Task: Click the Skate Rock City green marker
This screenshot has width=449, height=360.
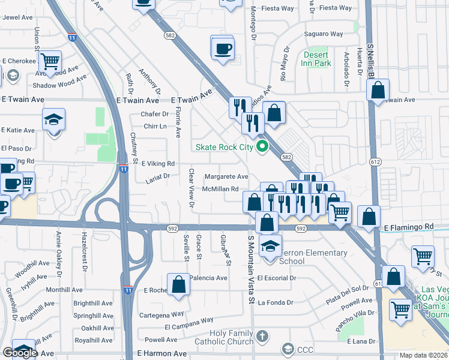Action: coord(262,146)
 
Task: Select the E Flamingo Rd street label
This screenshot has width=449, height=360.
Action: coord(408,227)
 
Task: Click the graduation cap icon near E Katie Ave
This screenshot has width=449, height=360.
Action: coord(53,120)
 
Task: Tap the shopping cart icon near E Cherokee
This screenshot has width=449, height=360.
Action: coord(50,61)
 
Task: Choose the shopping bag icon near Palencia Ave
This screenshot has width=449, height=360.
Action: coord(179,285)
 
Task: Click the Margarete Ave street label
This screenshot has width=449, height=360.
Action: coord(226,177)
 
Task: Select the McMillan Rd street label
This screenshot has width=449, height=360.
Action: coord(225,189)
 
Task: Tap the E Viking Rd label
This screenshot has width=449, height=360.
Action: coord(157,163)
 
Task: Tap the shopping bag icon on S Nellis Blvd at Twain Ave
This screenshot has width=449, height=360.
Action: coord(378,92)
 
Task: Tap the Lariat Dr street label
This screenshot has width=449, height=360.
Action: coord(158,177)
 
